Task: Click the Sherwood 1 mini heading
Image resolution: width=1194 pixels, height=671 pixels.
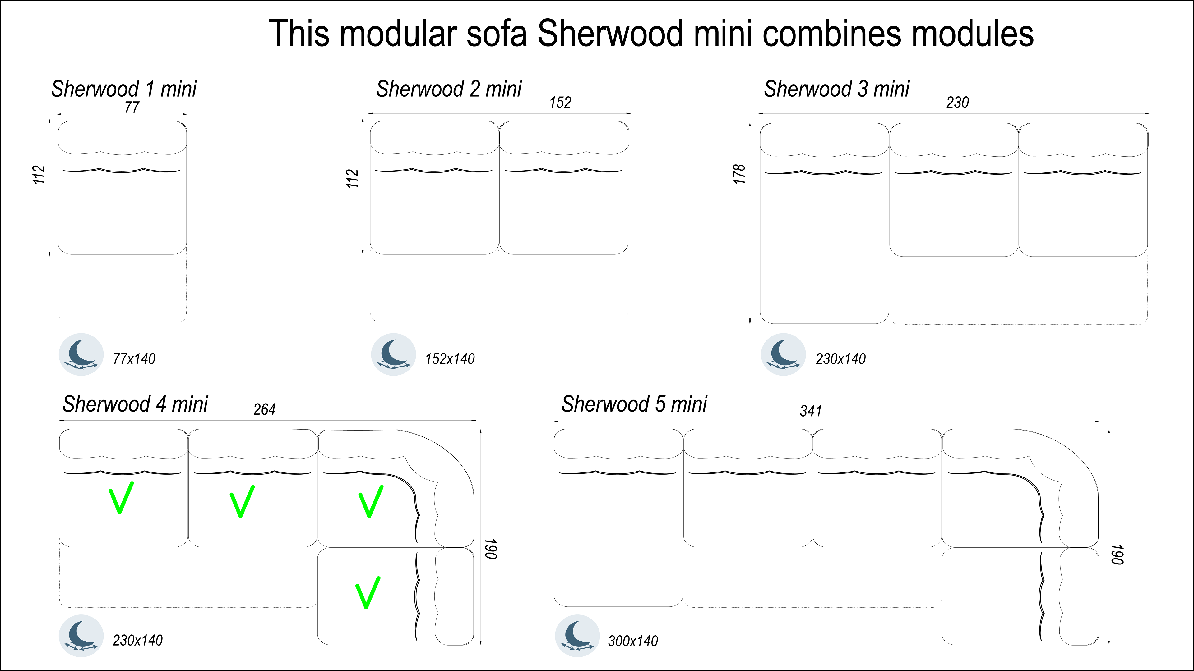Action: point(124,89)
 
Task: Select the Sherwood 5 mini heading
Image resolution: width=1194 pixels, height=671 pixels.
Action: point(634,404)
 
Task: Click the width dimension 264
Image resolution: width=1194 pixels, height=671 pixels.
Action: point(264,410)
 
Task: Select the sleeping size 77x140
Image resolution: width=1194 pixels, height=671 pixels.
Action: point(134,359)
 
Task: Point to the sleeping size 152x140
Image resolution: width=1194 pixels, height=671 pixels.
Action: point(450,359)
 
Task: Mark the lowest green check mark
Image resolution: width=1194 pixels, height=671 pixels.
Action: point(368,593)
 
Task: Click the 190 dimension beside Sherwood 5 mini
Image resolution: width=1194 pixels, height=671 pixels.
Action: point(1117,555)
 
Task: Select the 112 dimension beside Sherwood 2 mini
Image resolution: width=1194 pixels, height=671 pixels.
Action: point(352,179)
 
